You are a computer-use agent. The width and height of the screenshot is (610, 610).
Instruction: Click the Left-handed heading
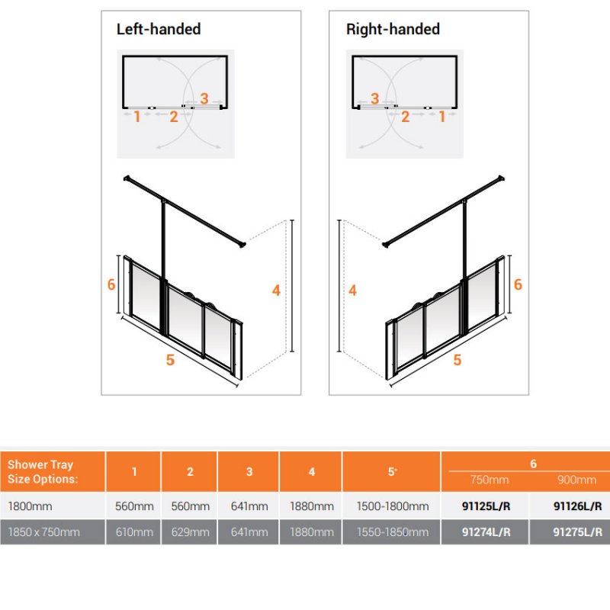159,29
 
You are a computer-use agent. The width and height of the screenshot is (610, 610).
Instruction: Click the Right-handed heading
393,29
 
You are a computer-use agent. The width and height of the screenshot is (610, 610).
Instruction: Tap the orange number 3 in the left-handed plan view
204,99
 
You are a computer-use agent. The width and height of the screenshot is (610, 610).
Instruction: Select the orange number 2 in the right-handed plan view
405,117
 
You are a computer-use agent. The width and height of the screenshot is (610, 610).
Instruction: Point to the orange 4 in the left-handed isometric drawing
276,291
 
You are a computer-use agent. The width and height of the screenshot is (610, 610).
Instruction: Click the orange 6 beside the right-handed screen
518,284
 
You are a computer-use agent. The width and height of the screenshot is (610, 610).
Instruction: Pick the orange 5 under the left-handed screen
170,360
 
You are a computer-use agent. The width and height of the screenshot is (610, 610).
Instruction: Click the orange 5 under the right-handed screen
457,360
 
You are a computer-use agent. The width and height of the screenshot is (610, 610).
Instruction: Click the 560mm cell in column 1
134,506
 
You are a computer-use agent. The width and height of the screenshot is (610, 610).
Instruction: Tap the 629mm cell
190,531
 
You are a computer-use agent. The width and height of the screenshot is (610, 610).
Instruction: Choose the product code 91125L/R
486,506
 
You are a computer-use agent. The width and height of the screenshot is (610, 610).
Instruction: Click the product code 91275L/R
578,531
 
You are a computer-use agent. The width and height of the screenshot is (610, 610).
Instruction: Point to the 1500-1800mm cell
393,506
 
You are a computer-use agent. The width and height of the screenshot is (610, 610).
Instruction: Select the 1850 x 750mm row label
44,531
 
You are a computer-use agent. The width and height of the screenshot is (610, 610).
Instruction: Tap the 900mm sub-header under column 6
576,480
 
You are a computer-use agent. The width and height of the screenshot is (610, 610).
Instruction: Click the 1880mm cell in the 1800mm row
312,506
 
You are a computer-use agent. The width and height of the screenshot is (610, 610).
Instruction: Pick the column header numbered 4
312,472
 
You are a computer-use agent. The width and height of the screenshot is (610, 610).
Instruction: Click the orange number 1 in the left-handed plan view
136,117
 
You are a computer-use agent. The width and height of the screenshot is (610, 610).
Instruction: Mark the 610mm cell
134,531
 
